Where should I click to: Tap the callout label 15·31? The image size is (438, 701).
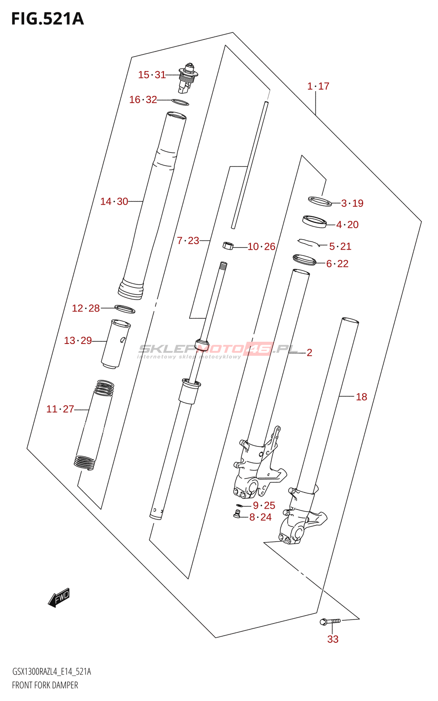152,75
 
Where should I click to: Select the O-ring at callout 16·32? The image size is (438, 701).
180,103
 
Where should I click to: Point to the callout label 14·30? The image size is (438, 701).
114,202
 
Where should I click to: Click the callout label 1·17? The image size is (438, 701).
318,86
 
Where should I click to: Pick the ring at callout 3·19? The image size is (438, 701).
320,202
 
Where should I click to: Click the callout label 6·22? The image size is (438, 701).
337,264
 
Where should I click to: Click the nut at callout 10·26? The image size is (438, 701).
228,246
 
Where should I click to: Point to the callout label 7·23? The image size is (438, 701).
188,241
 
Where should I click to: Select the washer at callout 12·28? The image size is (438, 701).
125,309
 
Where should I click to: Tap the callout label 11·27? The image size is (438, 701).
60,409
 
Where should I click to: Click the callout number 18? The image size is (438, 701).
361,397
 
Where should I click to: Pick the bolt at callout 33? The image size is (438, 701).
330,621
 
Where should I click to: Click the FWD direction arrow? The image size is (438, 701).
59,597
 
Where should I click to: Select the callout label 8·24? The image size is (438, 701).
260,517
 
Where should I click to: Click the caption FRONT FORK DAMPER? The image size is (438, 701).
45,685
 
